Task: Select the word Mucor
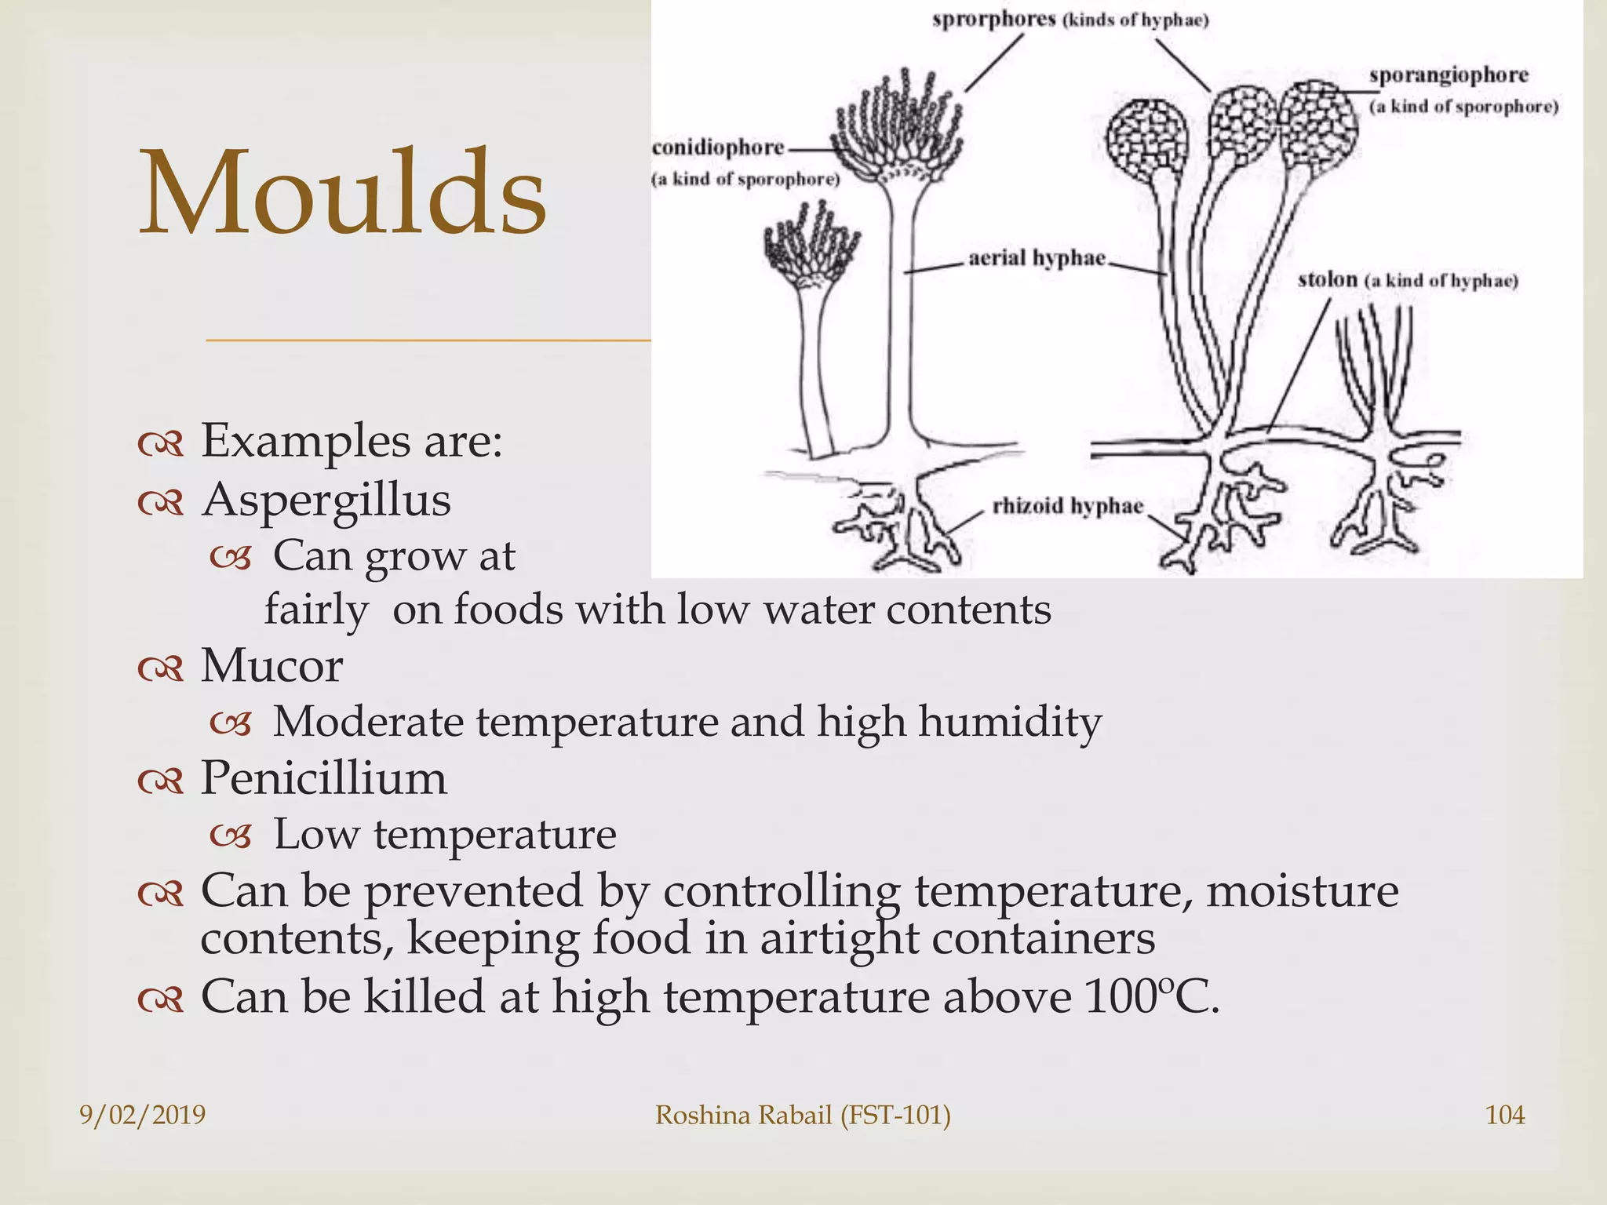point(271,666)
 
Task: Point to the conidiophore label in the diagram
point(718,147)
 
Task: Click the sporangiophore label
point(1448,75)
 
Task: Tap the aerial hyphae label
point(1037,258)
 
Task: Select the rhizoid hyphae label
point(1067,506)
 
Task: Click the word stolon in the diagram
point(1327,279)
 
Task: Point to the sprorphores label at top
point(993,19)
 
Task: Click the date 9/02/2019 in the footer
point(142,1115)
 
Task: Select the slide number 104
point(1505,1115)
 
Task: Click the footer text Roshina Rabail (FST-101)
point(803,1115)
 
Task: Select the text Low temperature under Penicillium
point(444,834)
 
